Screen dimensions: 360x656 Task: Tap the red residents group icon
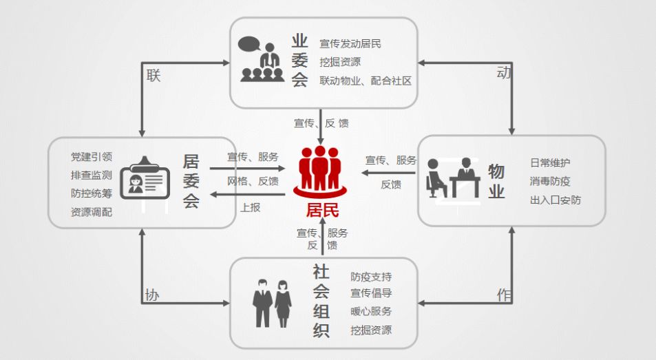coord(322,170)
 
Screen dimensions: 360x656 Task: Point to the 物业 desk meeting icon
coord(454,177)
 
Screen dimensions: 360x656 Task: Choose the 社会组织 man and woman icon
coord(273,302)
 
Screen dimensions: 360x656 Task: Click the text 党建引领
coord(92,157)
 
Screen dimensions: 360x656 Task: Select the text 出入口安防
coord(555,200)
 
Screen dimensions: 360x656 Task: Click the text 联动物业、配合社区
coord(365,81)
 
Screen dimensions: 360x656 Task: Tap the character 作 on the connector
coord(504,295)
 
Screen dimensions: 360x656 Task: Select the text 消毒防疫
coord(550,182)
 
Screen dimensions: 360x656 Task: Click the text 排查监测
coord(92,175)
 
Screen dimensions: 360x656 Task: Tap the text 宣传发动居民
coord(350,43)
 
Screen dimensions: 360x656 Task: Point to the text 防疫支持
coord(371,277)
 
